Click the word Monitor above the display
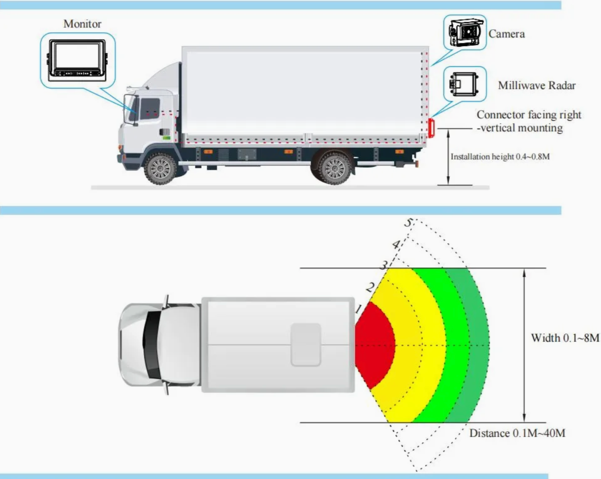point(82,24)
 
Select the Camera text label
point(506,34)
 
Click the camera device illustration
point(465,33)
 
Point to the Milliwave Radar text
point(537,85)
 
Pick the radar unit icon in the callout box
point(464,85)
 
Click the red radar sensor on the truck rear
point(431,128)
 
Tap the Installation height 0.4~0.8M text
point(500,156)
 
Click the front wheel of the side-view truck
point(160,168)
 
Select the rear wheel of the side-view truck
point(334,168)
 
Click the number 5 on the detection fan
point(408,223)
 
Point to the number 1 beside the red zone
point(358,309)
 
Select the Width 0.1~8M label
point(565,338)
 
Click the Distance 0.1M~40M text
point(517,433)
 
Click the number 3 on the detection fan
point(384,265)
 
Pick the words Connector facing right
point(529,115)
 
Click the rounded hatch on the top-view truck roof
point(306,345)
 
